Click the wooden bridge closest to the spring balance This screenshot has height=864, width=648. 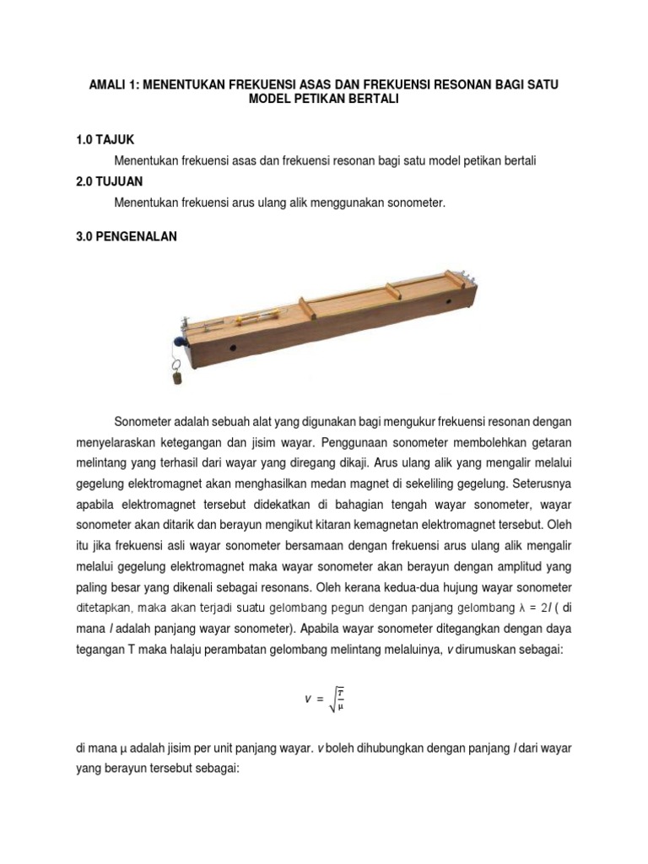pos(306,308)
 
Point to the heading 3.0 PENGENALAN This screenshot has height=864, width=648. pos(127,237)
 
